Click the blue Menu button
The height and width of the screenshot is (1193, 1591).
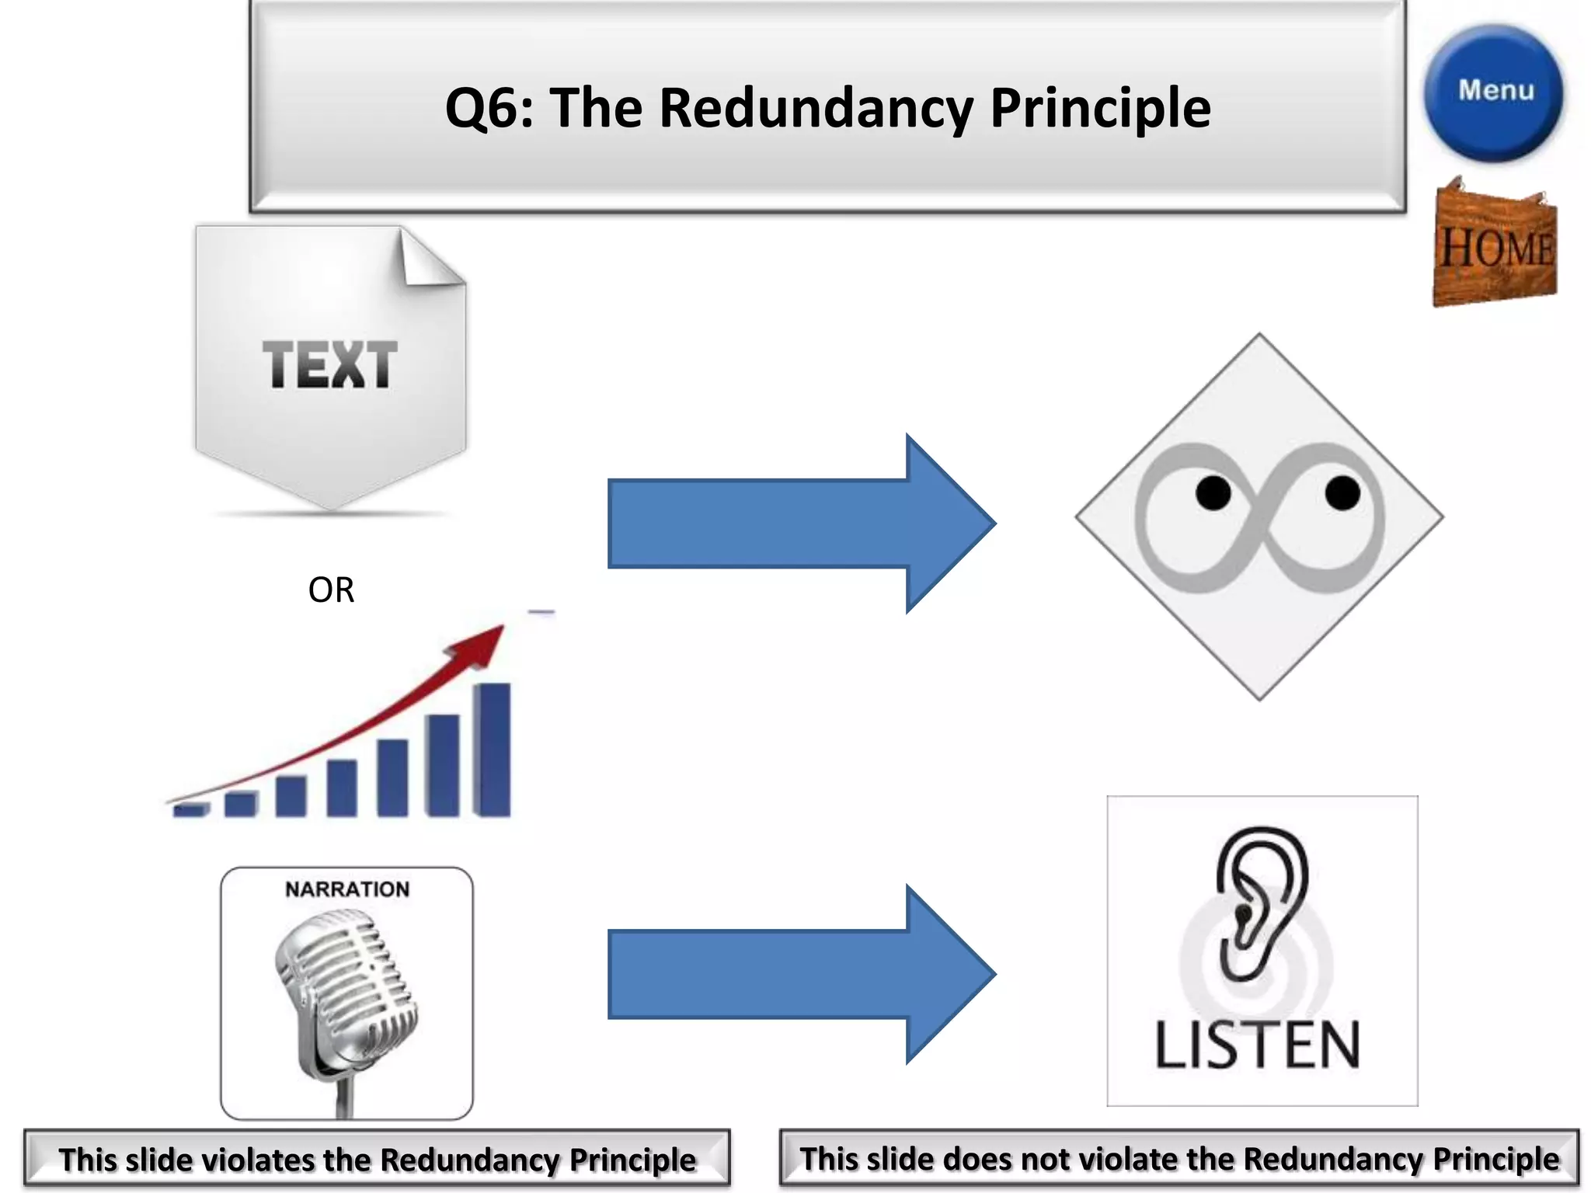click(1494, 92)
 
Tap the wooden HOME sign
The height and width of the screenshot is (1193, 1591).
click(1495, 244)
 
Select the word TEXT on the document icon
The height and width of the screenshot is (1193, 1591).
click(329, 364)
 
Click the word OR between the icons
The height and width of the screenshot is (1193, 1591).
click(331, 590)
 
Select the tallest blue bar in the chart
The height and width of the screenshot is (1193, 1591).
click(493, 749)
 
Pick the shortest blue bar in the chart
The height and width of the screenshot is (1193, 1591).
click(190, 810)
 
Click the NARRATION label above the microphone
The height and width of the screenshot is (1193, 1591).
click(347, 889)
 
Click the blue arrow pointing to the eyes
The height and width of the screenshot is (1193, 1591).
click(800, 523)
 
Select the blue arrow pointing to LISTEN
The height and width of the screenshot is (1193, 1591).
click(800, 974)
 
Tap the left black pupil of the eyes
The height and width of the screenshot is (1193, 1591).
click(1213, 493)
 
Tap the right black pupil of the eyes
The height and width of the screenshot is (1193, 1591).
click(1342, 493)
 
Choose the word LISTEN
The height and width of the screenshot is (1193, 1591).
click(1258, 1045)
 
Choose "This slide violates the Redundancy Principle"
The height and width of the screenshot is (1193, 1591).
click(377, 1159)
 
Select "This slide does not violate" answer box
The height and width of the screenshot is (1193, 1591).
click(1179, 1159)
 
